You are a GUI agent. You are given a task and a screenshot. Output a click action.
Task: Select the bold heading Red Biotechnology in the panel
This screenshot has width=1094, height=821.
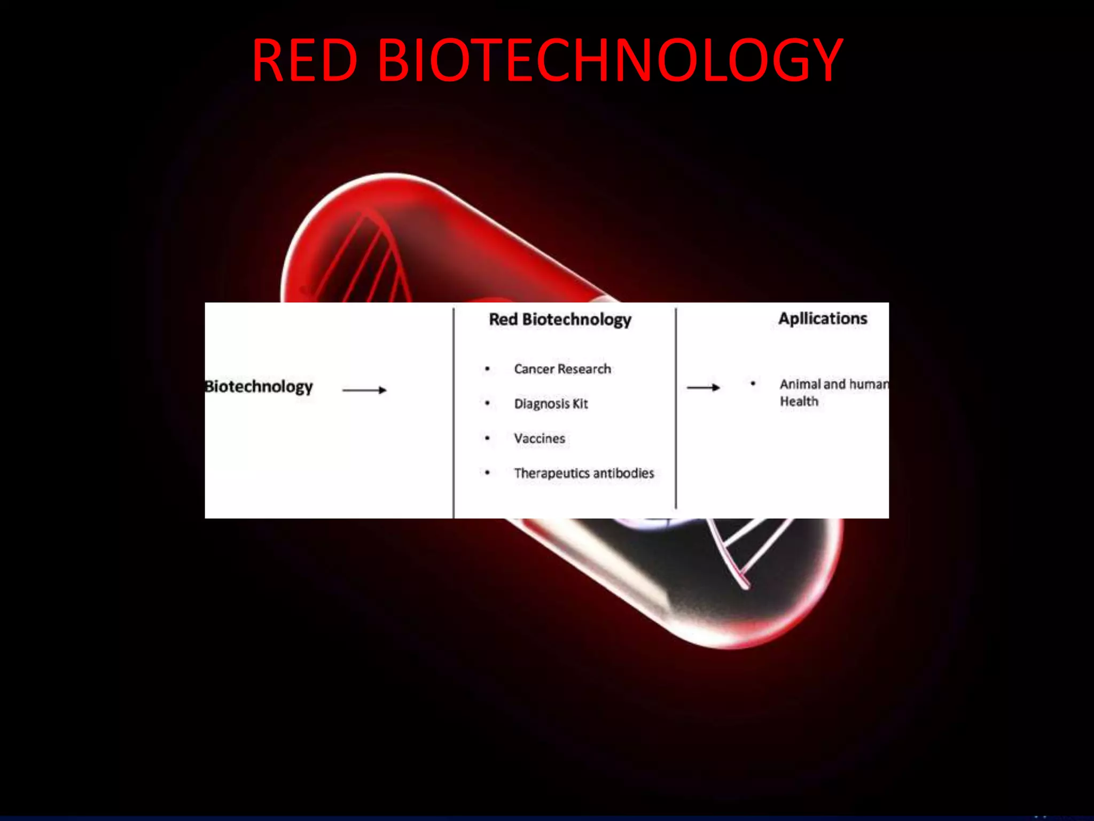[x=560, y=320]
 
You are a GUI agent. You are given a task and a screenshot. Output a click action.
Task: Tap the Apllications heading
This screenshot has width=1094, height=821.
[x=823, y=319]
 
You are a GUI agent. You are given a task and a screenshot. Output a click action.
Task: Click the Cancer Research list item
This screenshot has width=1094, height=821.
[x=562, y=369]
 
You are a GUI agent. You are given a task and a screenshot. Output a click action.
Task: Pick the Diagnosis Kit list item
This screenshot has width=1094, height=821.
[x=550, y=404]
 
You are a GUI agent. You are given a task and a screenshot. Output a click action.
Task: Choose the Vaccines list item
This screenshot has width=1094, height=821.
[x=539, y=438]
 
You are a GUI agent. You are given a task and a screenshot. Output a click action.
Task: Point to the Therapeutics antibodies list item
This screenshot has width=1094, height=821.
[x=583, y=473]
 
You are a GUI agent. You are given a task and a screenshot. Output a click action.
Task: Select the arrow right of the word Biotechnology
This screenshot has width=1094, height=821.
[x=364, y=390]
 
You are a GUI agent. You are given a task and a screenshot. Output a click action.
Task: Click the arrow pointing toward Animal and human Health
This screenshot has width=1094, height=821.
[x=703, y=388]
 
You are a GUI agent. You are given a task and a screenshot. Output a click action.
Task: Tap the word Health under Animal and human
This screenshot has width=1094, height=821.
[x=799, y=401]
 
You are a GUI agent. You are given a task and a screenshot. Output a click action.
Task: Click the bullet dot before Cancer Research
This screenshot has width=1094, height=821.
[x=487, y=369]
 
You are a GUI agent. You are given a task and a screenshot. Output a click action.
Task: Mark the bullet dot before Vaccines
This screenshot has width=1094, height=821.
[x=487, y=438]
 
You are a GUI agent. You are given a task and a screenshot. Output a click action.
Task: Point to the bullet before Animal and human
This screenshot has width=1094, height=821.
[x=753, y=383]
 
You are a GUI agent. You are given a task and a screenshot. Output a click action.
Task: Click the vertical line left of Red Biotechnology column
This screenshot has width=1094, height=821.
[x=454, y=412]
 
